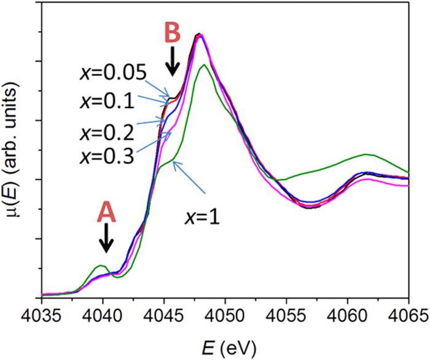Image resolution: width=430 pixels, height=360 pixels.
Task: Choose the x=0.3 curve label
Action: tap(108, 155)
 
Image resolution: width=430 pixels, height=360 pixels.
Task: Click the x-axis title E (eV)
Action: tap(225, 345)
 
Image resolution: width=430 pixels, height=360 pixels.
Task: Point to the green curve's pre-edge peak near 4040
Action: tap(101, 266)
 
